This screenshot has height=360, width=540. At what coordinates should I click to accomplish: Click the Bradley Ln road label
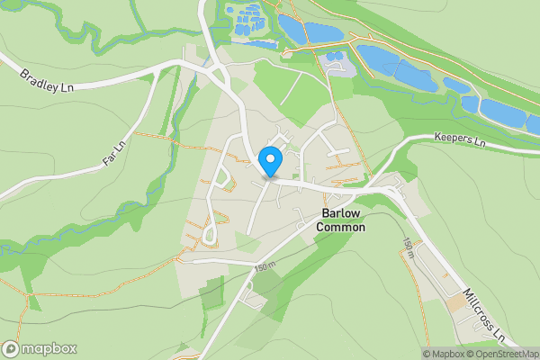pyautogui.click(x=48, y=76)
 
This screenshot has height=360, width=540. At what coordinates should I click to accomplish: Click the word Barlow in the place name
pyautogui.click(x=341, y=214)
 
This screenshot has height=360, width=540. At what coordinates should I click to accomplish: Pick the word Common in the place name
pyautogui.click(x=341, y=228)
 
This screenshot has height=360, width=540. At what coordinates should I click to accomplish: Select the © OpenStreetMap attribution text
pyautogui.click(x=503, y=353)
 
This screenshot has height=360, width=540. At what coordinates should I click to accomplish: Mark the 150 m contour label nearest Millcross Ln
pyautogui.click(x=408, y=248)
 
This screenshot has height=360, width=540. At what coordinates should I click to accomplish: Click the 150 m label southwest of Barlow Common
pyautogui.click(x=263, y=266)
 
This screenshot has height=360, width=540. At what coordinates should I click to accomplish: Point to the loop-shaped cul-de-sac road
pyautogui.click(x=213, y=232)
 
